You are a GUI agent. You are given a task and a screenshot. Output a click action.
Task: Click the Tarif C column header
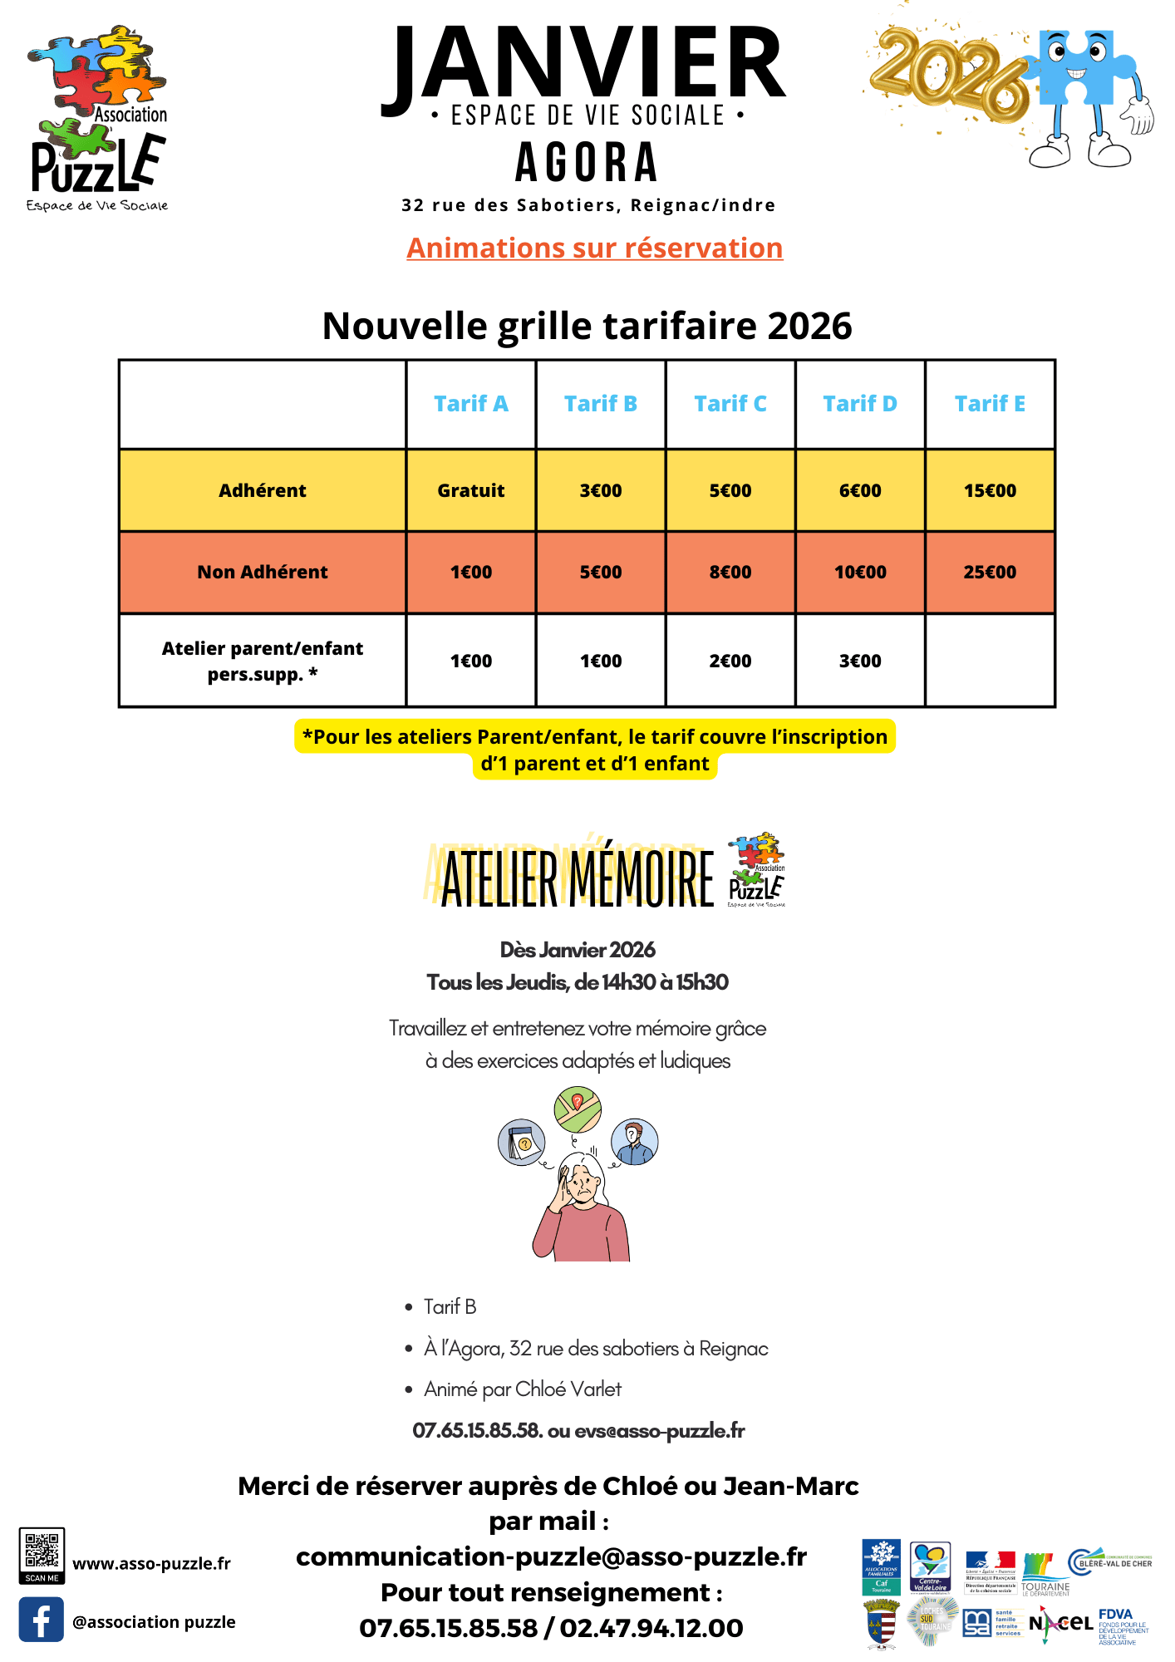coord(730,404)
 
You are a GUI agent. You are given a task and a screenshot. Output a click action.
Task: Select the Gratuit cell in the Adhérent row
coord(470,490)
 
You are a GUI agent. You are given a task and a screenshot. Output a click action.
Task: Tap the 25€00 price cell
coord(990,572)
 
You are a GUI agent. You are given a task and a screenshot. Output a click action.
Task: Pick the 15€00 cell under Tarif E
coord(990,490)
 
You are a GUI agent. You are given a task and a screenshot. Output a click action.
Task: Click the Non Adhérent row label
coord(263,572)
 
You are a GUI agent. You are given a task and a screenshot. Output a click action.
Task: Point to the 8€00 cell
coord(730,572)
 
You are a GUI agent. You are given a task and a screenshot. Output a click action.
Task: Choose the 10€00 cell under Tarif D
coord(860,572)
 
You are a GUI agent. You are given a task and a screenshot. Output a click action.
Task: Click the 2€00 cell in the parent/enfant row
coord(730,661)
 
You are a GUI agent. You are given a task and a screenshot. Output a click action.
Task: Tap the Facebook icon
coord(42,1620)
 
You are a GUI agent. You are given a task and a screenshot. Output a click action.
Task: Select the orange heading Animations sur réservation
coord(594,248)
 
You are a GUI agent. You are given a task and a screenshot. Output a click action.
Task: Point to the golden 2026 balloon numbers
coord(947,75)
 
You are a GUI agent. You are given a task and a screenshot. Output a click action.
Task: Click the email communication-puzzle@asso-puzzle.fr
coord(551,1556)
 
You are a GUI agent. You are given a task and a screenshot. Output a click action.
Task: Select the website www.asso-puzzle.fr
coord(151,1563)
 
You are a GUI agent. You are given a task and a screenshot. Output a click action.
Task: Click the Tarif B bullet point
coord(450,1306)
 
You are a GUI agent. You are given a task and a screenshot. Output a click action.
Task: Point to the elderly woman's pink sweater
coord(582,1234)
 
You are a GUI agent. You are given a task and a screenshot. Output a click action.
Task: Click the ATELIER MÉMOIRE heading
coord(577,879)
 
